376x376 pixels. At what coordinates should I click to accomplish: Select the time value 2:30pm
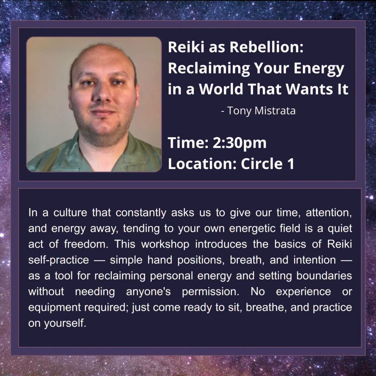(239, 143)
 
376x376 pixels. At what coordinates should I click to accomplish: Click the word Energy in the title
(319, 69)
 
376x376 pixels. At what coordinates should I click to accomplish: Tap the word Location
(203, 164)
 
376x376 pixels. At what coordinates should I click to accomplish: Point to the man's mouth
(103, 112)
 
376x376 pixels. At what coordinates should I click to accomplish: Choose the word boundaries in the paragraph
(324, 276)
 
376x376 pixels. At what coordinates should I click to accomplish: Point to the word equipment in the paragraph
(54, 308)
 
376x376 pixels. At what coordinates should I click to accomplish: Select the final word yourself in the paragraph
(65, 323)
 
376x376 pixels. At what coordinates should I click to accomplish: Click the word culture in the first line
(70, 213)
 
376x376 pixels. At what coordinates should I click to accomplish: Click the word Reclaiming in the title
(209, 69)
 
